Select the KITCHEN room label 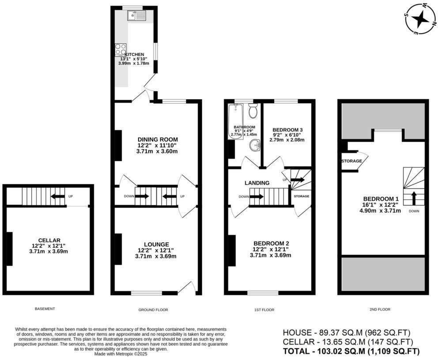[134, 55]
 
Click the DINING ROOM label [157, 139]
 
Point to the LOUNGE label [156, 244]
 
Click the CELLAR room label [49, 240]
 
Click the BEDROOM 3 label [287, 130]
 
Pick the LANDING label [257, 183]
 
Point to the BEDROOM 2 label [271, 244]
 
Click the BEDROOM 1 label [381, 198]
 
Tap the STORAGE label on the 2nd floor [351, 161]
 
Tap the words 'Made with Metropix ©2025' [121, 353]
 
